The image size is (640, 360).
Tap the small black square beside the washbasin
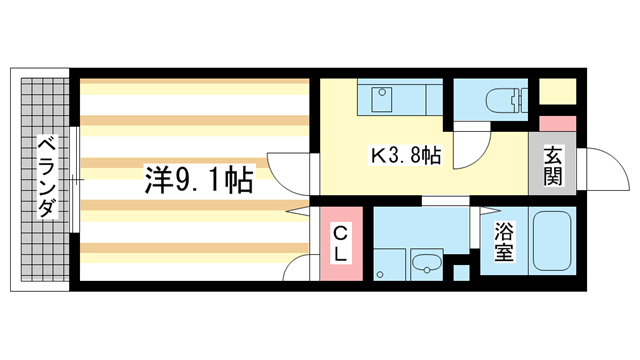460,270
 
